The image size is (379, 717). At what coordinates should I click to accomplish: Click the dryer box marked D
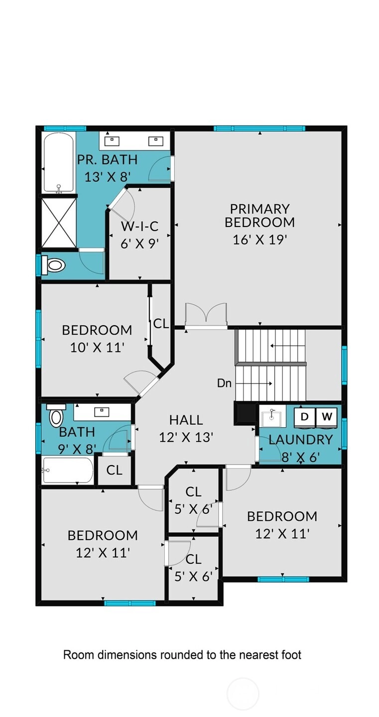(304, 416)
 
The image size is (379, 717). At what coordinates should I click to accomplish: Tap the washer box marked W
(327, 416)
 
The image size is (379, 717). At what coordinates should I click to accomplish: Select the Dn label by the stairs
(224, 383)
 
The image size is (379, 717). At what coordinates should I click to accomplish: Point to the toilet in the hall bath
(56, 414)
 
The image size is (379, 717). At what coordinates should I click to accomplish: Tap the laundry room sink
(272, 418)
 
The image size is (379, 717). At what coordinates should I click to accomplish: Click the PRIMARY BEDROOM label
(259, 216)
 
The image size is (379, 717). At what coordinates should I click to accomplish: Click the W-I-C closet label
(139, 226)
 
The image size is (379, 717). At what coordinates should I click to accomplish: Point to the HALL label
(186, 420)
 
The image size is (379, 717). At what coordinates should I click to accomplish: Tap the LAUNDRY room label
(301, 440)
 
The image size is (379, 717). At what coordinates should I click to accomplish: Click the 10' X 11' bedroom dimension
(97, 348)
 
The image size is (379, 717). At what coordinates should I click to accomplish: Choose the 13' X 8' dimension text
(108, 177)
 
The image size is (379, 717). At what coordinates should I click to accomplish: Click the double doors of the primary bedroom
(206, 316)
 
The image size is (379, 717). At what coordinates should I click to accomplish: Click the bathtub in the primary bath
(59, 163)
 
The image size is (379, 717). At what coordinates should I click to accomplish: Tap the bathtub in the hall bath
(68, 470)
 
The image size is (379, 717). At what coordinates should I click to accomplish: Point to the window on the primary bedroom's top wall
(259, 128)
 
